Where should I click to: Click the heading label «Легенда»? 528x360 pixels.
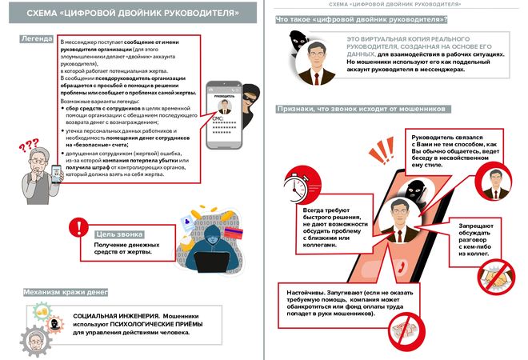point(39,39)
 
